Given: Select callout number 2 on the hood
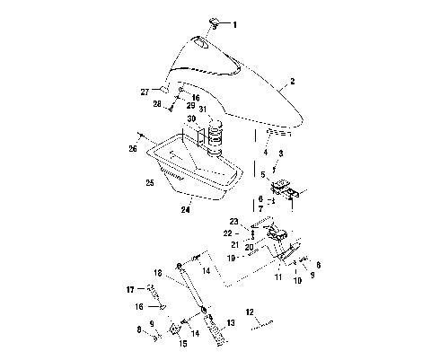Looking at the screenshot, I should click(292, 82).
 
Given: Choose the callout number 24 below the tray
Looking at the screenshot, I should click(186, 210).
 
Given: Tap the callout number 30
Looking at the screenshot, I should click(192, 119).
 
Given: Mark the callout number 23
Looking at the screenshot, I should click(232, 221).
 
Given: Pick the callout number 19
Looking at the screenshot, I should click(231, 258).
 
